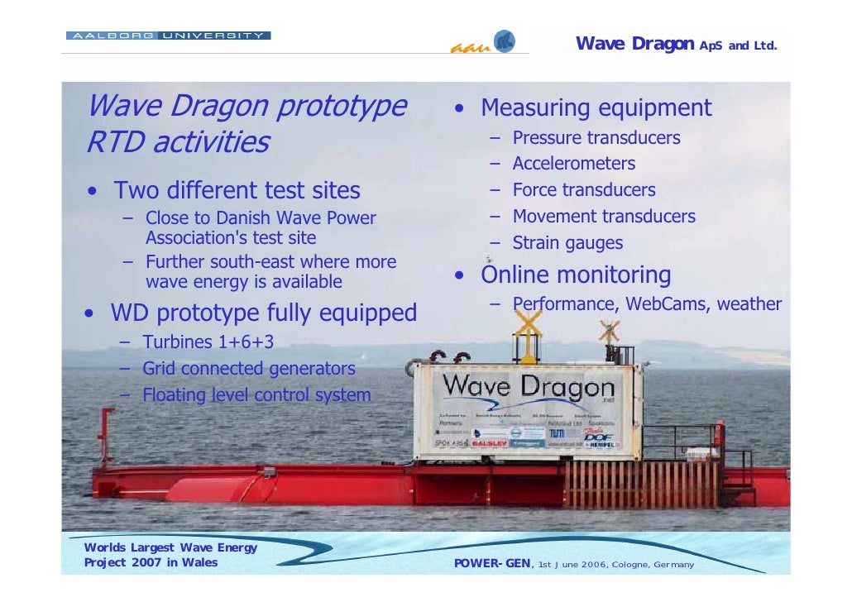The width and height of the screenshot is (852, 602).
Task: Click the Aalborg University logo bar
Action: pyautogui.click(x=168, y=36)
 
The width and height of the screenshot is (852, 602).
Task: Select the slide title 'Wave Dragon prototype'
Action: pyautogui.click(x=247, y=107)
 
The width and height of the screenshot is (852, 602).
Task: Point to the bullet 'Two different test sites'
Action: pyautogui.click(x=237, y=191)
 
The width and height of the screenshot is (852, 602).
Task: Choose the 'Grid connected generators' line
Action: pyautogui.click(x=248, y=369)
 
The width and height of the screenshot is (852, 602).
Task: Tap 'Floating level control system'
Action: pyautogui.click(x=256, y=395)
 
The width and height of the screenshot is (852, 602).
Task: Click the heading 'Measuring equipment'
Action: pyautogui.click(x=596, y=108)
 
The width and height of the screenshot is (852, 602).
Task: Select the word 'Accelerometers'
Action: pyautogui.click(x=573, y=164)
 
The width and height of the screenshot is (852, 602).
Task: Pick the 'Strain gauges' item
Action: pyautogui.click(x=567, y=243)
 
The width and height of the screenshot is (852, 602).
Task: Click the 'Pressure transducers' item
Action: pyautogui.click(x=596, y=137)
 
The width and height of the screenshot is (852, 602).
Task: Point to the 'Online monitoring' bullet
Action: pyautogui.click(x=576, y=275)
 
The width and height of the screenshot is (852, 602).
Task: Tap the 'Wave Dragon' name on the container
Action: pyautogui.click(x=529, y=386)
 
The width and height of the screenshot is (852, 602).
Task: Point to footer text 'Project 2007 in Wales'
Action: pyautogui.click(x=151, y=563)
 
